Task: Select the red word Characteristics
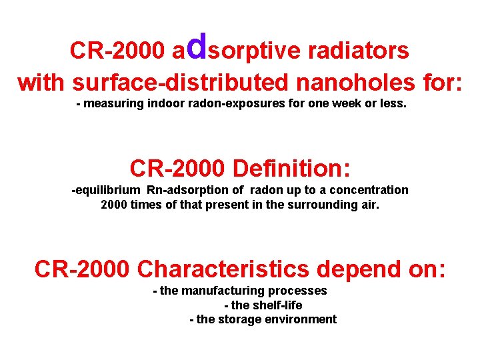(223, 269)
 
